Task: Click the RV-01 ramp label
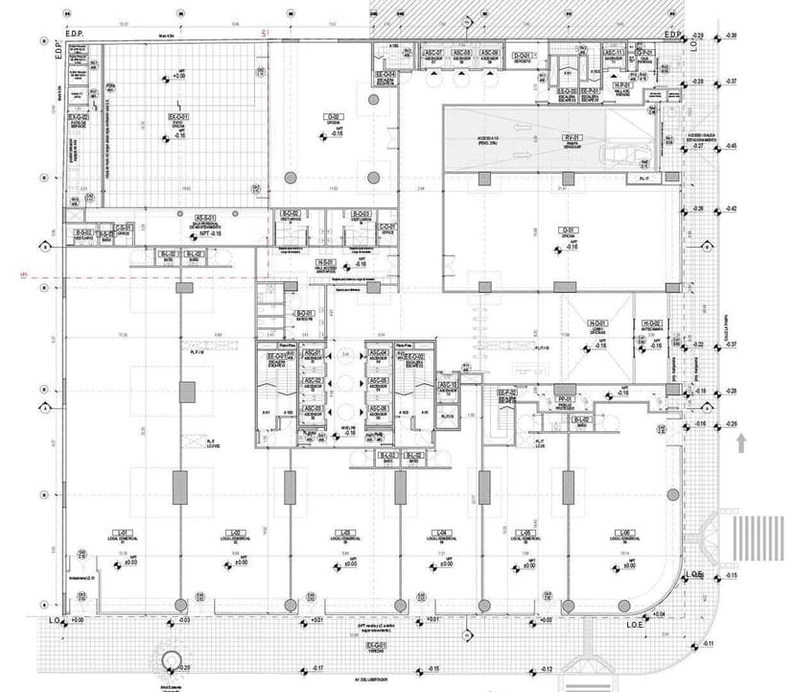pyautogui.click(x=573, y=138)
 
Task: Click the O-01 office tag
pyautogui.click(x=570, y=230)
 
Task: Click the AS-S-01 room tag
pyautogui.click(x=204, y=217)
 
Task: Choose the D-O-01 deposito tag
pyautogui.click(x=522, y=57)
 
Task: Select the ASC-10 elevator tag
pyautogui.click(x=447, y=385)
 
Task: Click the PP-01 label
pyautogui.click(x=564, y=398)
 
